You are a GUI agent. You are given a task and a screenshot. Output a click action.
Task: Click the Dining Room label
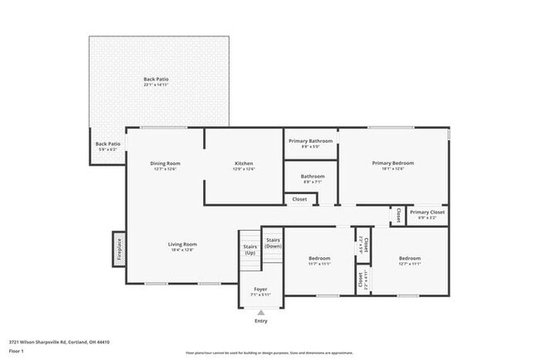tap(165, 163)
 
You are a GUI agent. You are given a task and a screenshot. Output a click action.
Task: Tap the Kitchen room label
tap(244, 163)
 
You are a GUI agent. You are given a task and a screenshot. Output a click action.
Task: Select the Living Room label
tap(182, 244)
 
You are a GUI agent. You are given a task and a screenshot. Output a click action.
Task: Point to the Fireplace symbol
tap(119, 249)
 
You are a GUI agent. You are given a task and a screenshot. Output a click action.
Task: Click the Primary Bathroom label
tap(310, 141)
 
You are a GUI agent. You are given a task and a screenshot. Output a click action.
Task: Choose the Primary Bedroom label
tap(392, 163)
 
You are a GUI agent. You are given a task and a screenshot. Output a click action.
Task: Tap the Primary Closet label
tap(427, 212)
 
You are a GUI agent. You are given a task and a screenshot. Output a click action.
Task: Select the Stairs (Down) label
tap(273, 243)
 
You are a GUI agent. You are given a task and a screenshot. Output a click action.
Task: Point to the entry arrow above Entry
tap(260, 312)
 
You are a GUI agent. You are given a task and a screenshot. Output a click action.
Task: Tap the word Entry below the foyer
tap(260, 320)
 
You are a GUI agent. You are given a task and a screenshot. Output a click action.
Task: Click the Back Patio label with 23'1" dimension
tap(156, 80)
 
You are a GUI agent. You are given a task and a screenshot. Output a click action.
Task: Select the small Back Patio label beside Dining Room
tap(108, 144)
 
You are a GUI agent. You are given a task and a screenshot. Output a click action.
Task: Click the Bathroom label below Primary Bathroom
tap(313, 176)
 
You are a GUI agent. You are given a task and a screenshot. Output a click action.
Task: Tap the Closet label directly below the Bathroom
tap(299, 199)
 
